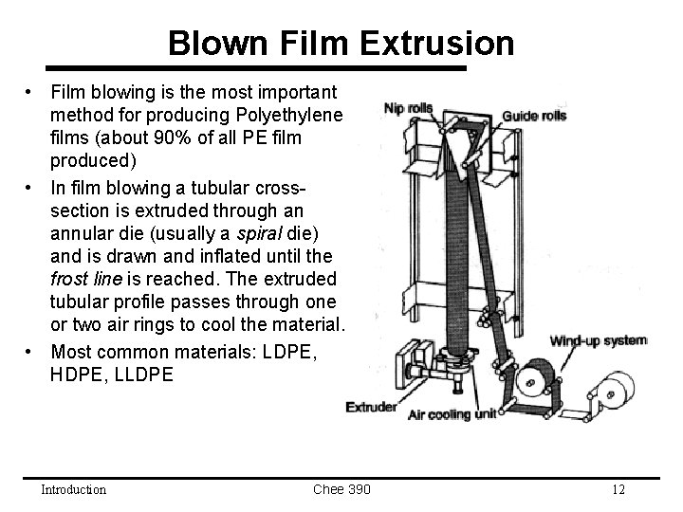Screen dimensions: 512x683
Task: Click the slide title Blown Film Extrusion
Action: coord(341,43)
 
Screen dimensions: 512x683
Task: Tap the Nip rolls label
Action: coord(408,108)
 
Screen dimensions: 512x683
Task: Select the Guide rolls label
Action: coord(534,116)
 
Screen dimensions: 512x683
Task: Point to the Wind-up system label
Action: coord(599,339)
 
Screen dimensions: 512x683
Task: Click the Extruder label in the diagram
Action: coord(370,408)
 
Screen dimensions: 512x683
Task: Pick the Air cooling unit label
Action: coord(452,414)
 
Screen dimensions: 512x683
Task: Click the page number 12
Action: coord(618,489)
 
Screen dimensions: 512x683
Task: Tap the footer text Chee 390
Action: coord(341,489)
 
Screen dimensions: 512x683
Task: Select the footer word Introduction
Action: coord(73,489)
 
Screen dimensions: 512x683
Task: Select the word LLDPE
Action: coord(140,374)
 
